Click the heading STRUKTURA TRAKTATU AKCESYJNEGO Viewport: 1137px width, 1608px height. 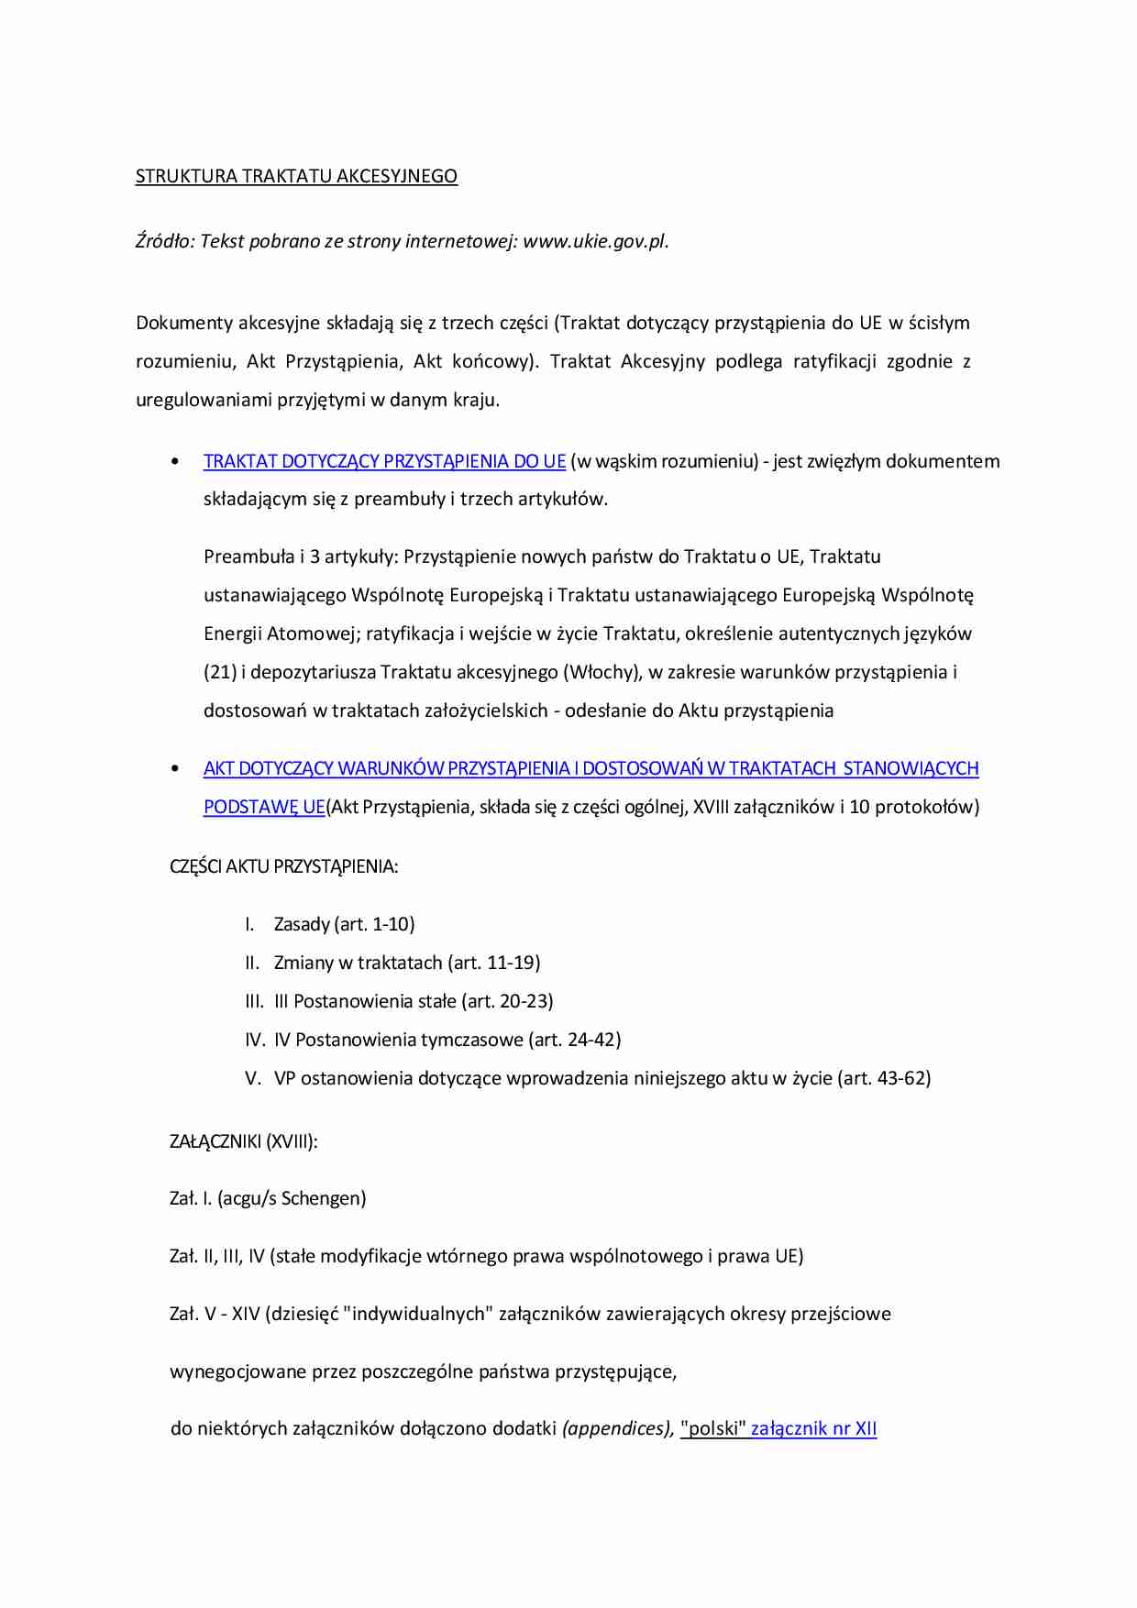296,176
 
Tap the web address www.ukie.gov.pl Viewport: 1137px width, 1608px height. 595,241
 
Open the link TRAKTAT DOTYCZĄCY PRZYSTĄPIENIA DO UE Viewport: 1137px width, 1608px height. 384,461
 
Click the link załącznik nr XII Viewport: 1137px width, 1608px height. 813,1428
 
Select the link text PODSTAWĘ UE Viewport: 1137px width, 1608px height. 264,807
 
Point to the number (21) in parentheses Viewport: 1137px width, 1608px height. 220,672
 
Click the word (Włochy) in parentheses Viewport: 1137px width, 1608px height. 602,672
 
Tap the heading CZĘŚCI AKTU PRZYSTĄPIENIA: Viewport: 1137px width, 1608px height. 283,866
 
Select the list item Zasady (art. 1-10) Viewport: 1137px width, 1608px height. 344,924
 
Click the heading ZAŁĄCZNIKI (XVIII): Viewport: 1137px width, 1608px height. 244,1141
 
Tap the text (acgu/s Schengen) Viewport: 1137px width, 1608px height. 292,1198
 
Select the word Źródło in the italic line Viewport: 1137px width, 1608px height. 163,241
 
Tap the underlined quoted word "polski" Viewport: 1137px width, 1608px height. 713,1428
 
